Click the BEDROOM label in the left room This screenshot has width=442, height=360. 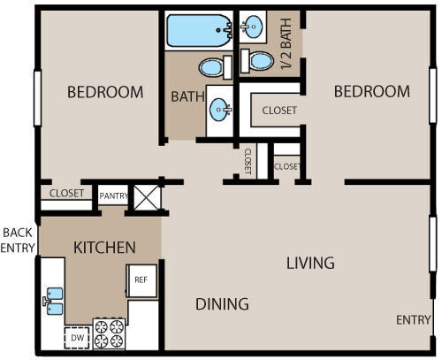105,92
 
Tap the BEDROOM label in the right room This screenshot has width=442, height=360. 371,92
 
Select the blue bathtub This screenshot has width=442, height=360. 199,33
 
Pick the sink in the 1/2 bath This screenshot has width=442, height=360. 254,26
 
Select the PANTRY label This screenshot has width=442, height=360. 111,196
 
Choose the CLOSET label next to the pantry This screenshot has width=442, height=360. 66,193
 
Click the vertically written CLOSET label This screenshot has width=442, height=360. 248,163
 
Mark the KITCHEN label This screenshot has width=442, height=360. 104,247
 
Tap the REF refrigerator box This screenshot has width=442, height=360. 141,280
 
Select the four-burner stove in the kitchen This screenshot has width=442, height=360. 109,333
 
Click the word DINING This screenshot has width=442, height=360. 221,304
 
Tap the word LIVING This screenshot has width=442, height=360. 309,263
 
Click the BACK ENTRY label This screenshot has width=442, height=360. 17,240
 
